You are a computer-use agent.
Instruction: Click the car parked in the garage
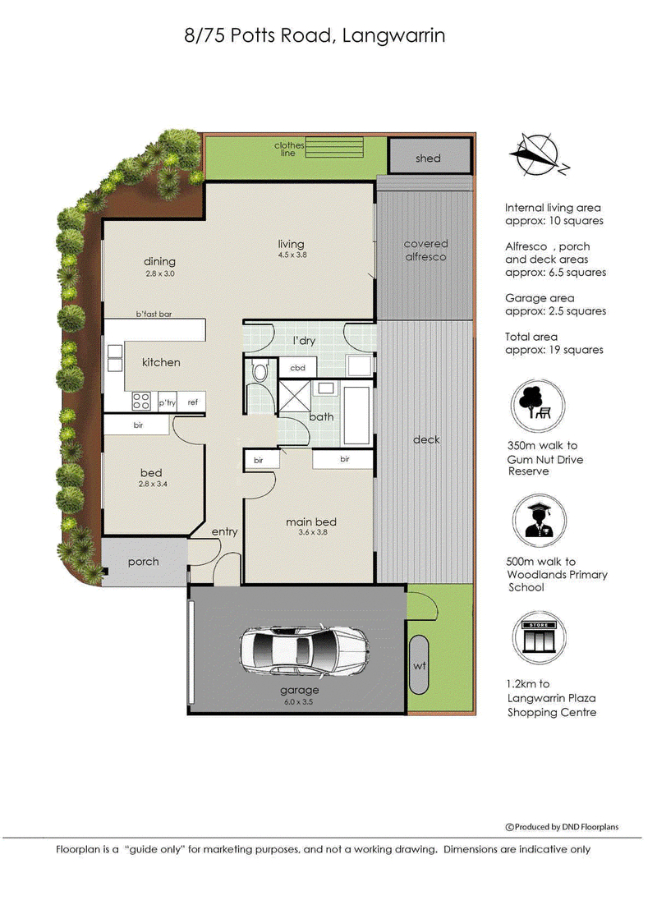[303, 650]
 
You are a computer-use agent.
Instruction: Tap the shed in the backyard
[429, 156]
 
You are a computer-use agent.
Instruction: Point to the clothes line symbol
[334, 147]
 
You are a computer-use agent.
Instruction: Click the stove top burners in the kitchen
[141, 401]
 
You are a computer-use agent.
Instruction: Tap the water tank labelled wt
[419, 665]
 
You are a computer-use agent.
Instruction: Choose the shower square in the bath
[296, 396]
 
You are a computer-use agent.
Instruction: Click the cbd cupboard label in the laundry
[297, 368]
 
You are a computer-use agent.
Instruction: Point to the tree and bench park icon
[537, 405]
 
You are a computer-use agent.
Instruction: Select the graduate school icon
[540, 521]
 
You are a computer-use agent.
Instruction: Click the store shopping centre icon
[540, 638]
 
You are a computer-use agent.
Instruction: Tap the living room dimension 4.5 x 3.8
[292, 255]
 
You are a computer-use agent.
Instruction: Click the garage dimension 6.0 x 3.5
[298, 702]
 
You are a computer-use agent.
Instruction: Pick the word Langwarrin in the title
[393, 36]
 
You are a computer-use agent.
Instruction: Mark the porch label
[143, 562]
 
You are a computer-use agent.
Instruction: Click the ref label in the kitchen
[193, 402]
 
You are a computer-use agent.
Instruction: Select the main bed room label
[311, 521]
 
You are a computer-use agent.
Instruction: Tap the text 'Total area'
[531, 337]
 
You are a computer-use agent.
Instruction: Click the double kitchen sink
[115, 358]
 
